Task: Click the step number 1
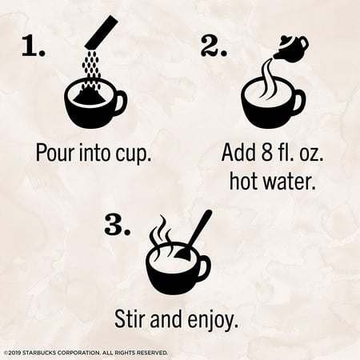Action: (x=34, y=46)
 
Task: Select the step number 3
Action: (x=118, y=225)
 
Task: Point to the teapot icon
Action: (x=291, y=49)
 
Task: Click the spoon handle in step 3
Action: (x=201, y=229)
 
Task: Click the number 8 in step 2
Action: (x=266, y=152)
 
